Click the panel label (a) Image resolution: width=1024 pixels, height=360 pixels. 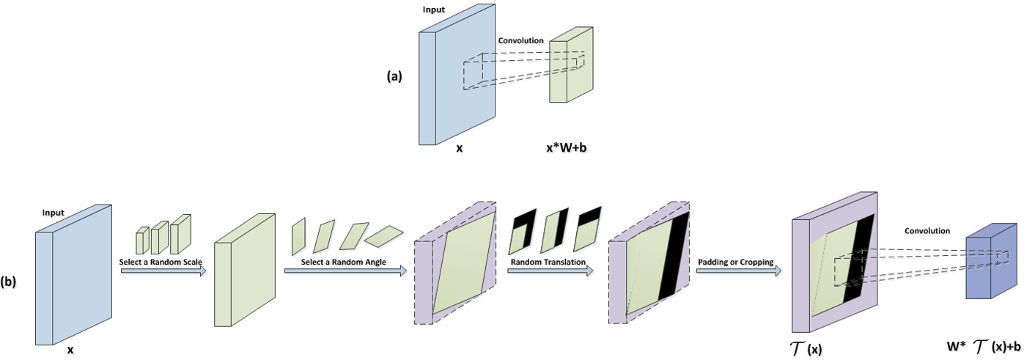tap(394, 76)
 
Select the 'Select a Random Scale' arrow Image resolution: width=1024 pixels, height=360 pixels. tap(162, 271)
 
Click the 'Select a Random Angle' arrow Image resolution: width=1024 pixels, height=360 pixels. tap(345, 271)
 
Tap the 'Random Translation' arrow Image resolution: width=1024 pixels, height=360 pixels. tap(550, 271)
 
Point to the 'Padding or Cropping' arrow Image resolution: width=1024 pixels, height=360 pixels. tap(737, 271)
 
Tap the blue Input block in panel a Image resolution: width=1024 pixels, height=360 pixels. tap(454, 81)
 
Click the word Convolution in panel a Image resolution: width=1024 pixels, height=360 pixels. tap(520, 40)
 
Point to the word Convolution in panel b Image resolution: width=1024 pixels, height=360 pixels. tap(927, 230)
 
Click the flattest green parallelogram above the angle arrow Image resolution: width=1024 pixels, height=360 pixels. tap(384, 235)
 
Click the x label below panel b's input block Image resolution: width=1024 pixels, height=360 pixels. tap(70, 350)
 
